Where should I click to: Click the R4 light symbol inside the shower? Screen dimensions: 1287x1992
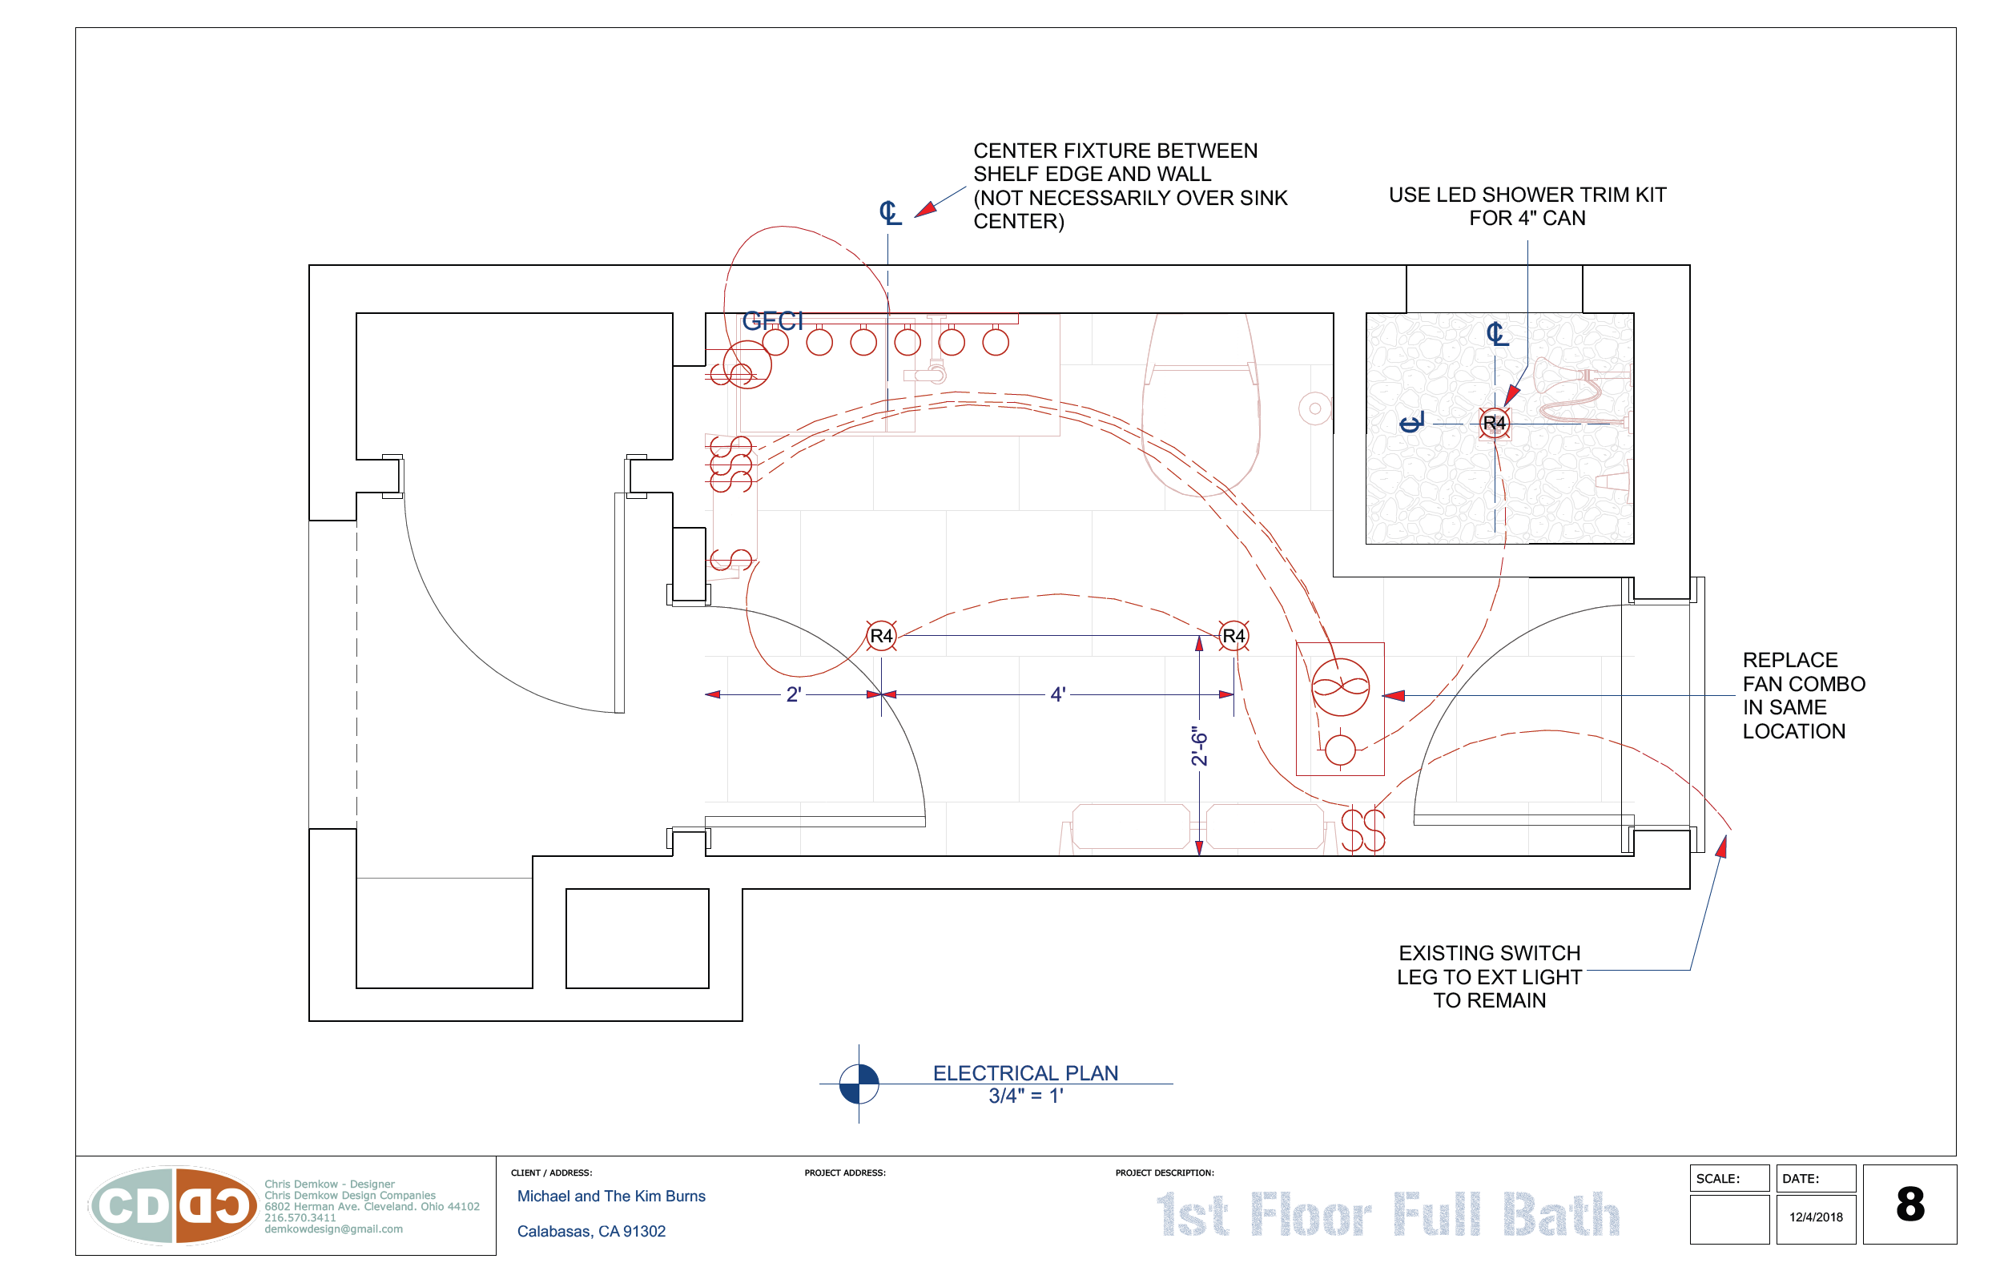[1494, 423]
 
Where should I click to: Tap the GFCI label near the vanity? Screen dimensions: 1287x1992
[772, 321]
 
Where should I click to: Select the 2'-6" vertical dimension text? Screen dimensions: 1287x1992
[1199, 746]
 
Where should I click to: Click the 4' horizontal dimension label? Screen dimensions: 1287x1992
[1058, 694]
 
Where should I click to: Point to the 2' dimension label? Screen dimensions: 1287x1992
[793, 694]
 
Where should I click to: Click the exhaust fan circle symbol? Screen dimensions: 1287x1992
[1340, 688]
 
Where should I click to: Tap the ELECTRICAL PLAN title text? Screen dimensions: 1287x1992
[1025, 1073]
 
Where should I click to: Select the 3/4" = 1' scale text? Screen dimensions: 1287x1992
[1025, 1096]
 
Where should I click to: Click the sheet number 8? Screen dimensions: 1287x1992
[1910, 1205]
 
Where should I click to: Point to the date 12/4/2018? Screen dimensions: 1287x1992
[1816, 1217]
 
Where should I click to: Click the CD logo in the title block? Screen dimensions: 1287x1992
[174, 1206]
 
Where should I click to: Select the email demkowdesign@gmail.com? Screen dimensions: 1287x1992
[333, 1229]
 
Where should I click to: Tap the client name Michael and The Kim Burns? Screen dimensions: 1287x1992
[611, 1196]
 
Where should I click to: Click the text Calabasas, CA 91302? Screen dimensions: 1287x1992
[591, 1231]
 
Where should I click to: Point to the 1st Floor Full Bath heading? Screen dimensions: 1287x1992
[1388, 1214]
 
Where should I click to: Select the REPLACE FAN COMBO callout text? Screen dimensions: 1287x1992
[1802, 695]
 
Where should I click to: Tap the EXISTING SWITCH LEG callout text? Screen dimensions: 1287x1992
[1489, 976]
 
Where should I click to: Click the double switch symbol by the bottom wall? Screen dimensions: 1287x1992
[1362, 830]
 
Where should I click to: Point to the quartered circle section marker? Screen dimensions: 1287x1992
[859, 1084]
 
